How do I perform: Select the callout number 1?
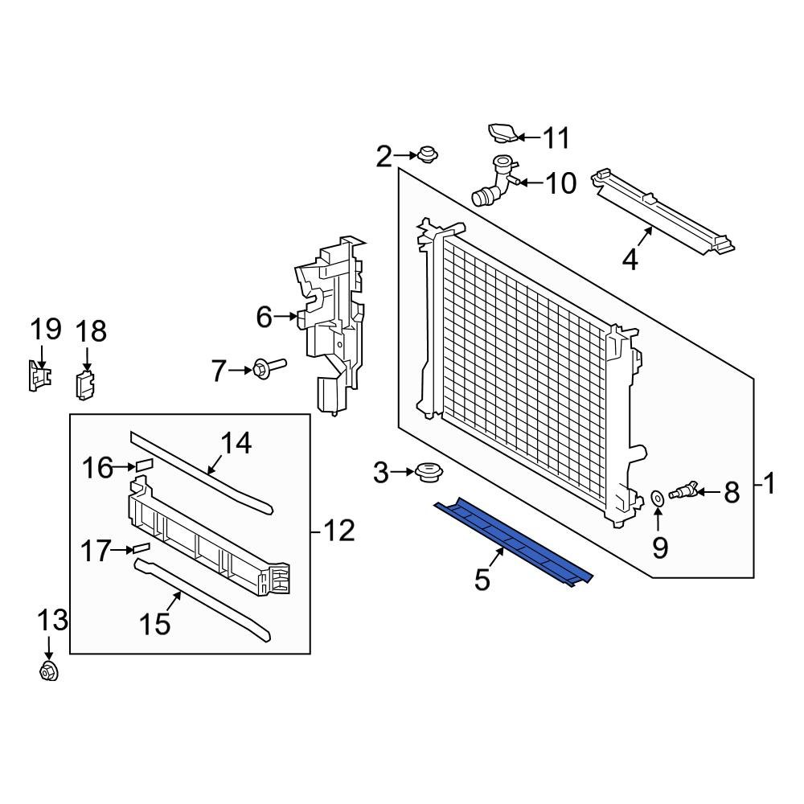coord(769,484)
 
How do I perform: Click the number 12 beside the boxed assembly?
coord(338,531)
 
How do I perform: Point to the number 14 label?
coord(235,443)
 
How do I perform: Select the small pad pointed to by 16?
coord(145,465)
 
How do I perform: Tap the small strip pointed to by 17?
coord(142,548)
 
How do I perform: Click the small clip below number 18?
coord(85,384)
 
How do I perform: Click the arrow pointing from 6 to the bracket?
coord(285,317)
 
